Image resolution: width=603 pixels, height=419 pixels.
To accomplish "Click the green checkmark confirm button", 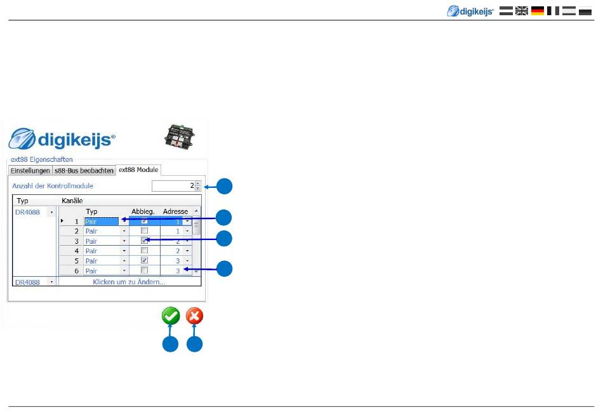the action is pyautogui.click(x=171, y=316).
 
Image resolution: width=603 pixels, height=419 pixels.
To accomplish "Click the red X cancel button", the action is pyautogui.click(x=194, y=316).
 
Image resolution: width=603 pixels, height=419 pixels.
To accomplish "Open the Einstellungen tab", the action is pyautogui.click(x=30, y=170).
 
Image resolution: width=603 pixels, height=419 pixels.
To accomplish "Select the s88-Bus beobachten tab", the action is pyautogui.click(x=84, y=170).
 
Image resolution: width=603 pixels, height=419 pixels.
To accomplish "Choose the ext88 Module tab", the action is pyautogui.click(x=138, y=170).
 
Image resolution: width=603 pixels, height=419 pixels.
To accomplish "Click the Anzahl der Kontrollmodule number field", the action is pyautogui.click(x=173, y=186).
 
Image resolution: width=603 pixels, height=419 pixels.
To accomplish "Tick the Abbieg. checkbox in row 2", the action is pyautogui.click(x=144, y=231).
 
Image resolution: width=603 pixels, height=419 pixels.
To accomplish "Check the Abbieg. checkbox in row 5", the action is pyautogui.click(x=144, y=260).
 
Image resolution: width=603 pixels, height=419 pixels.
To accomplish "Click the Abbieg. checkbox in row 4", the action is pyautogui.click(x=144, y=251).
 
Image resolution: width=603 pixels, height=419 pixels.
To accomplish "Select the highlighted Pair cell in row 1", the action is pyautogui.click(x=102, y=221).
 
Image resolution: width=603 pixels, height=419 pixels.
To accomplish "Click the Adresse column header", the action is pyautogui.click(x=175, y=211).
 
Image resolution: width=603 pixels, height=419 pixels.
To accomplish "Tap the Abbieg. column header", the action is pyautogui.click(x=143, y=211).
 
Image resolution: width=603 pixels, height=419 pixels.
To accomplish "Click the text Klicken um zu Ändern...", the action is pyautogui.click(x=129, y=282).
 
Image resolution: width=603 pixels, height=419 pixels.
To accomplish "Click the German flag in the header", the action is pyautogui.click(x=538, y=11).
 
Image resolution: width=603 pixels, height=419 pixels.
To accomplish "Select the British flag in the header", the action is pyautogui.click(x=522, y=11).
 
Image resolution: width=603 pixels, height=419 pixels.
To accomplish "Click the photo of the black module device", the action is pyautogui.click(x=179, y=136).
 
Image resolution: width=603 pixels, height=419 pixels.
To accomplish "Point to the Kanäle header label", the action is pyautogui.click(x=72, y=201).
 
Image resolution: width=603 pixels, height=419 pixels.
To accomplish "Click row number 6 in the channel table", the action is pyautogui.click(x=77, y=271).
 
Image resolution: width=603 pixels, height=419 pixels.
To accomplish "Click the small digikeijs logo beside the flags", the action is pyautogui.click(x=470, y=11).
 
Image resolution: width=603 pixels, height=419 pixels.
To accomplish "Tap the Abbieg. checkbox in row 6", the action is pyautogui.click(x=144, y=270).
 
